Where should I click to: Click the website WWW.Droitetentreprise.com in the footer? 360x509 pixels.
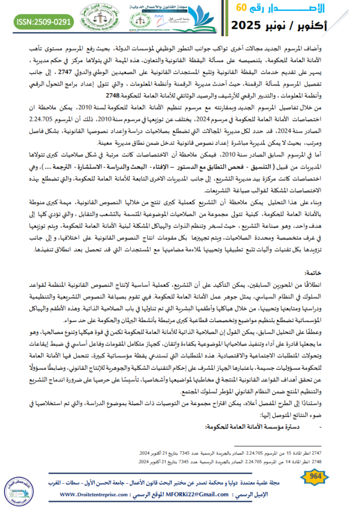(94, 496)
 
